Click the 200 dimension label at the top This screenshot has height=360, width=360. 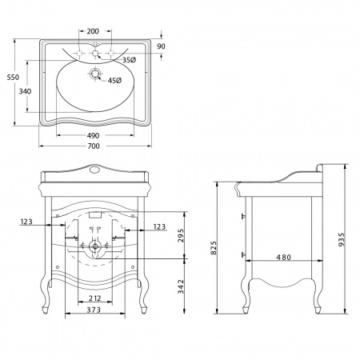(x=93, y=31)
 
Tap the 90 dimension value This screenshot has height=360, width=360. (x=161, y=46)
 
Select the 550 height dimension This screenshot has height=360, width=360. (x=13, y=78)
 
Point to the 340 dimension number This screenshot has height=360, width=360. (x=25, y=91)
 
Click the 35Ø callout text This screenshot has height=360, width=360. (x=130, y=60)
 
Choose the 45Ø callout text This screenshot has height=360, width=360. (x=114, y=80)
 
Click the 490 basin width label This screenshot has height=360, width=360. (x=93, y=135)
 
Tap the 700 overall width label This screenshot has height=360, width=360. (x=94, y=146)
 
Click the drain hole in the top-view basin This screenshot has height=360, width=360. (x=95, y=74)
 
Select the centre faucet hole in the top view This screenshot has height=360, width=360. (x=95, y=54)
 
